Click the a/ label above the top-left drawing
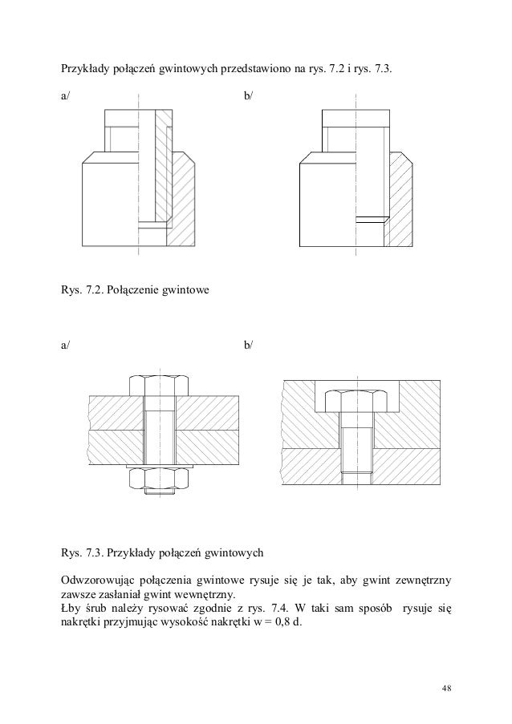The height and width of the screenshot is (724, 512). [65, 96]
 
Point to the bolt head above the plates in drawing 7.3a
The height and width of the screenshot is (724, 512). [161, 384]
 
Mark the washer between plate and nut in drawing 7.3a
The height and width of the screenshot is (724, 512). [161, 466]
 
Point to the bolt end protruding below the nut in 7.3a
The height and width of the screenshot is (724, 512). [161, 493]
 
